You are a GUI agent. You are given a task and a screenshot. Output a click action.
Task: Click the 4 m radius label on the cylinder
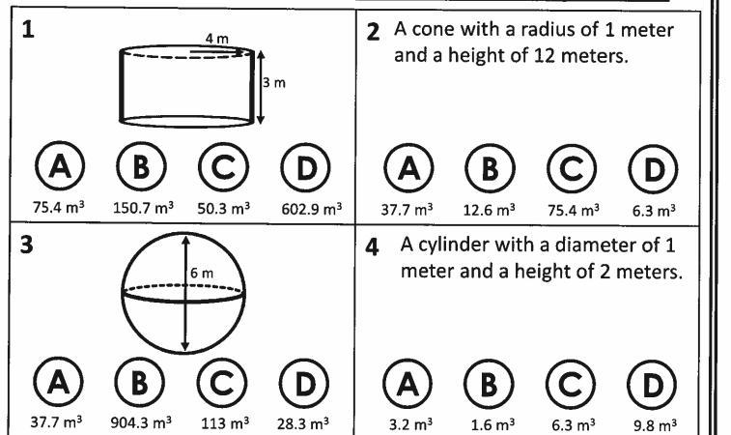[217, 39]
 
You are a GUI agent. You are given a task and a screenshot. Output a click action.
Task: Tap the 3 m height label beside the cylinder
[274, 82]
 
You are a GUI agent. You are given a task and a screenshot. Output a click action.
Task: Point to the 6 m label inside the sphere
[202, 273]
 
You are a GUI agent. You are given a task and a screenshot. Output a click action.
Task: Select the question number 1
[28, 30]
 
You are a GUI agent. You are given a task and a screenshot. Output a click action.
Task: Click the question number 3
[27, 245]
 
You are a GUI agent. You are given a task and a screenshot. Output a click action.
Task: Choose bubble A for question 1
[60, 165]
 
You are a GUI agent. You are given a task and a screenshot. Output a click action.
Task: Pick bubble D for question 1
[306, 167]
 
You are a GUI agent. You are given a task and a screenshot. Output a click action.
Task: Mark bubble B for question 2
[490, 168]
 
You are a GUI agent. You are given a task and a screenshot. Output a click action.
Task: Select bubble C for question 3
[222, 383]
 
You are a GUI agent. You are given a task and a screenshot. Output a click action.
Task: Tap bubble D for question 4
[652, 385]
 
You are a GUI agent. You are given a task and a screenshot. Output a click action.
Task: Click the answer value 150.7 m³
[143, 207]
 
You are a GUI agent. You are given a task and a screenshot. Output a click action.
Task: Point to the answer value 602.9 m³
[311, 209]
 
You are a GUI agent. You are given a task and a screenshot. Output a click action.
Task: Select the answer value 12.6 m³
[489, 210]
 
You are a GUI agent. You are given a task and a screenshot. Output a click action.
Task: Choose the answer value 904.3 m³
[141, 422]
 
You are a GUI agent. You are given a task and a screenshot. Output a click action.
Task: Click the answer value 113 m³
[225, 423]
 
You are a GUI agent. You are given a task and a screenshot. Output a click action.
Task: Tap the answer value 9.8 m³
[655, 425]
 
